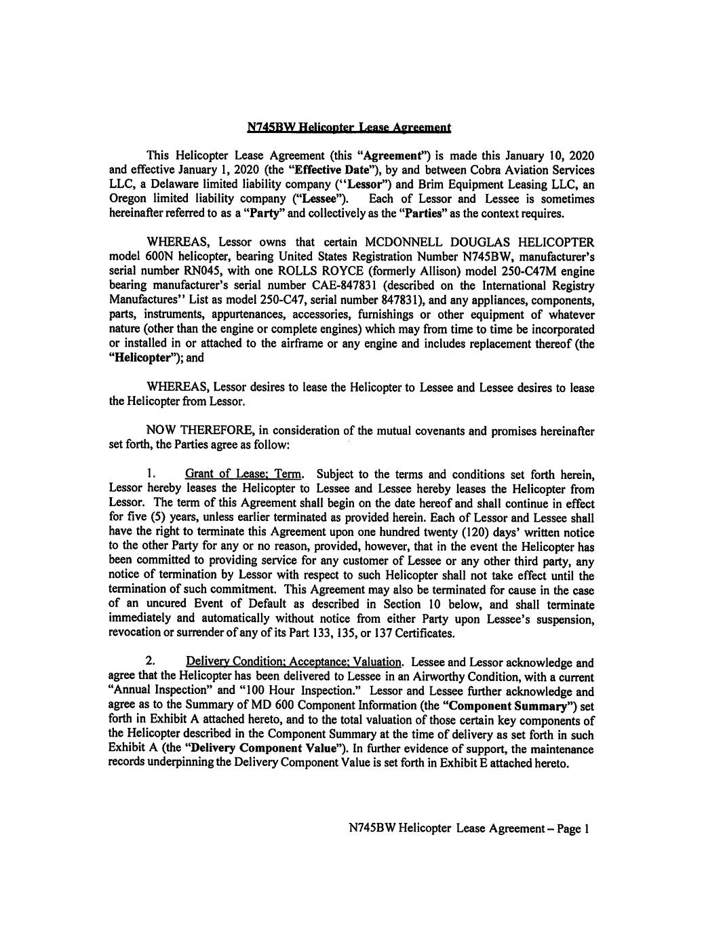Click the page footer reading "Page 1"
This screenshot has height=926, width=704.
[574, 829]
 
